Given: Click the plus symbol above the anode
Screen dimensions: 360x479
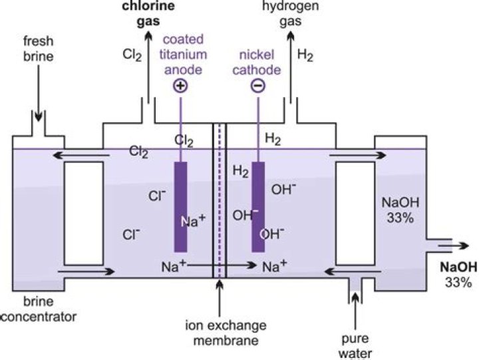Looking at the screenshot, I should click(x=180, y=86).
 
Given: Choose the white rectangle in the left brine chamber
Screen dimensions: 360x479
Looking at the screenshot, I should click(x=83, y=212).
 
